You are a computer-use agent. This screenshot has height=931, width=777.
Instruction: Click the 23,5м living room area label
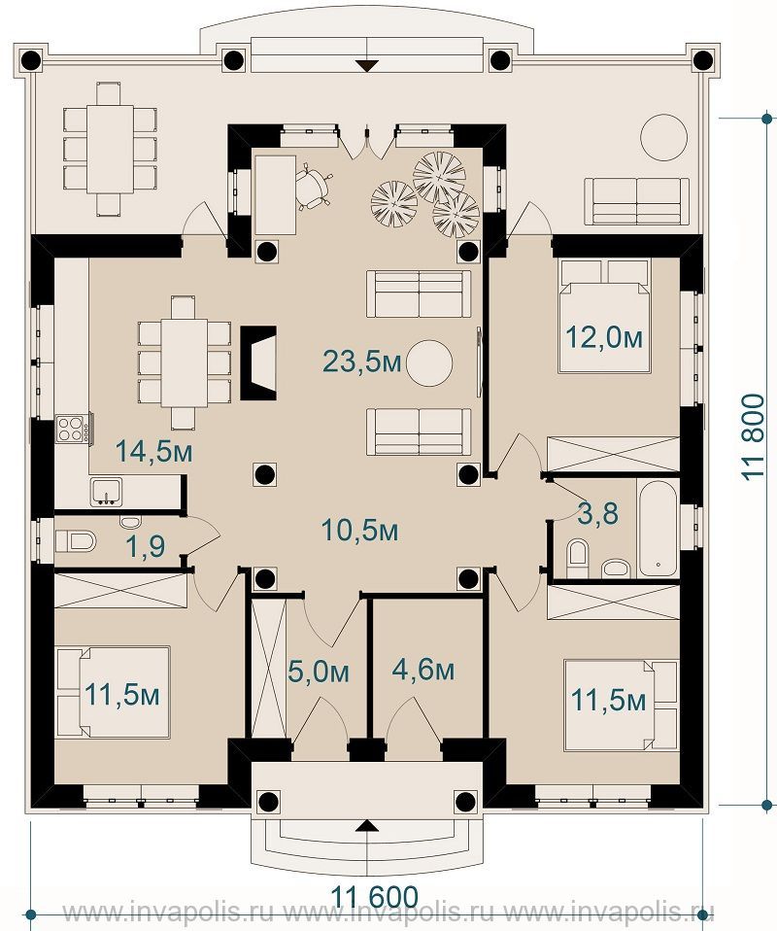tap(362, 361)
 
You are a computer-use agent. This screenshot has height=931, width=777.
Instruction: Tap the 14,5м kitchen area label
tap(153, 451)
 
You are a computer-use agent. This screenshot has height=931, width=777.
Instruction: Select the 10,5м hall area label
tap(359, 530)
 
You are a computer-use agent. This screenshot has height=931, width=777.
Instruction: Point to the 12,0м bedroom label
tap(604, 338)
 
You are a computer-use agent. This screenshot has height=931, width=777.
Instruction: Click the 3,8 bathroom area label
tap(597, 513)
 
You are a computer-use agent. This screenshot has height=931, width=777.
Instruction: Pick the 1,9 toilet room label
tap(146, 547)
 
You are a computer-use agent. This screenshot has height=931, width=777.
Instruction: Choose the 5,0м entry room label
tap(319, 672)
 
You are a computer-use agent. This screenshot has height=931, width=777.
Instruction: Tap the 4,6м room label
tap(423, 670)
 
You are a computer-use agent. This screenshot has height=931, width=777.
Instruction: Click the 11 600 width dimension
tap(374, 897)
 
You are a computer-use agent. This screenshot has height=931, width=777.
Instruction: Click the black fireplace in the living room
tap(258, 362)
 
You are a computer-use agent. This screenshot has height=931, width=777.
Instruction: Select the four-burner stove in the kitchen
tap(71, 429)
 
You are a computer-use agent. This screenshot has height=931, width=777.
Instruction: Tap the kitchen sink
tap(106, 492)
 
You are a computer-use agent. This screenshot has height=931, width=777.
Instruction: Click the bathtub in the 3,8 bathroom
tap(658, 527)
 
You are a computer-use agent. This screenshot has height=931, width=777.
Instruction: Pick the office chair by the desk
tap(315, 186)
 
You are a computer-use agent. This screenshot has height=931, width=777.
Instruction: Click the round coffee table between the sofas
tap(428, 363)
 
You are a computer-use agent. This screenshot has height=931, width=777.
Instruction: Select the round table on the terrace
tap(663, 137)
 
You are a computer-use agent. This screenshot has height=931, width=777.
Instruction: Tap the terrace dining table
tap(110, 149)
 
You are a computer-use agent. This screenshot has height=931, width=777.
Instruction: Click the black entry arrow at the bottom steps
tap(368, 825)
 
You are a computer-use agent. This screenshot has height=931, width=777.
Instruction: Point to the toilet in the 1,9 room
tap(76, 541)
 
